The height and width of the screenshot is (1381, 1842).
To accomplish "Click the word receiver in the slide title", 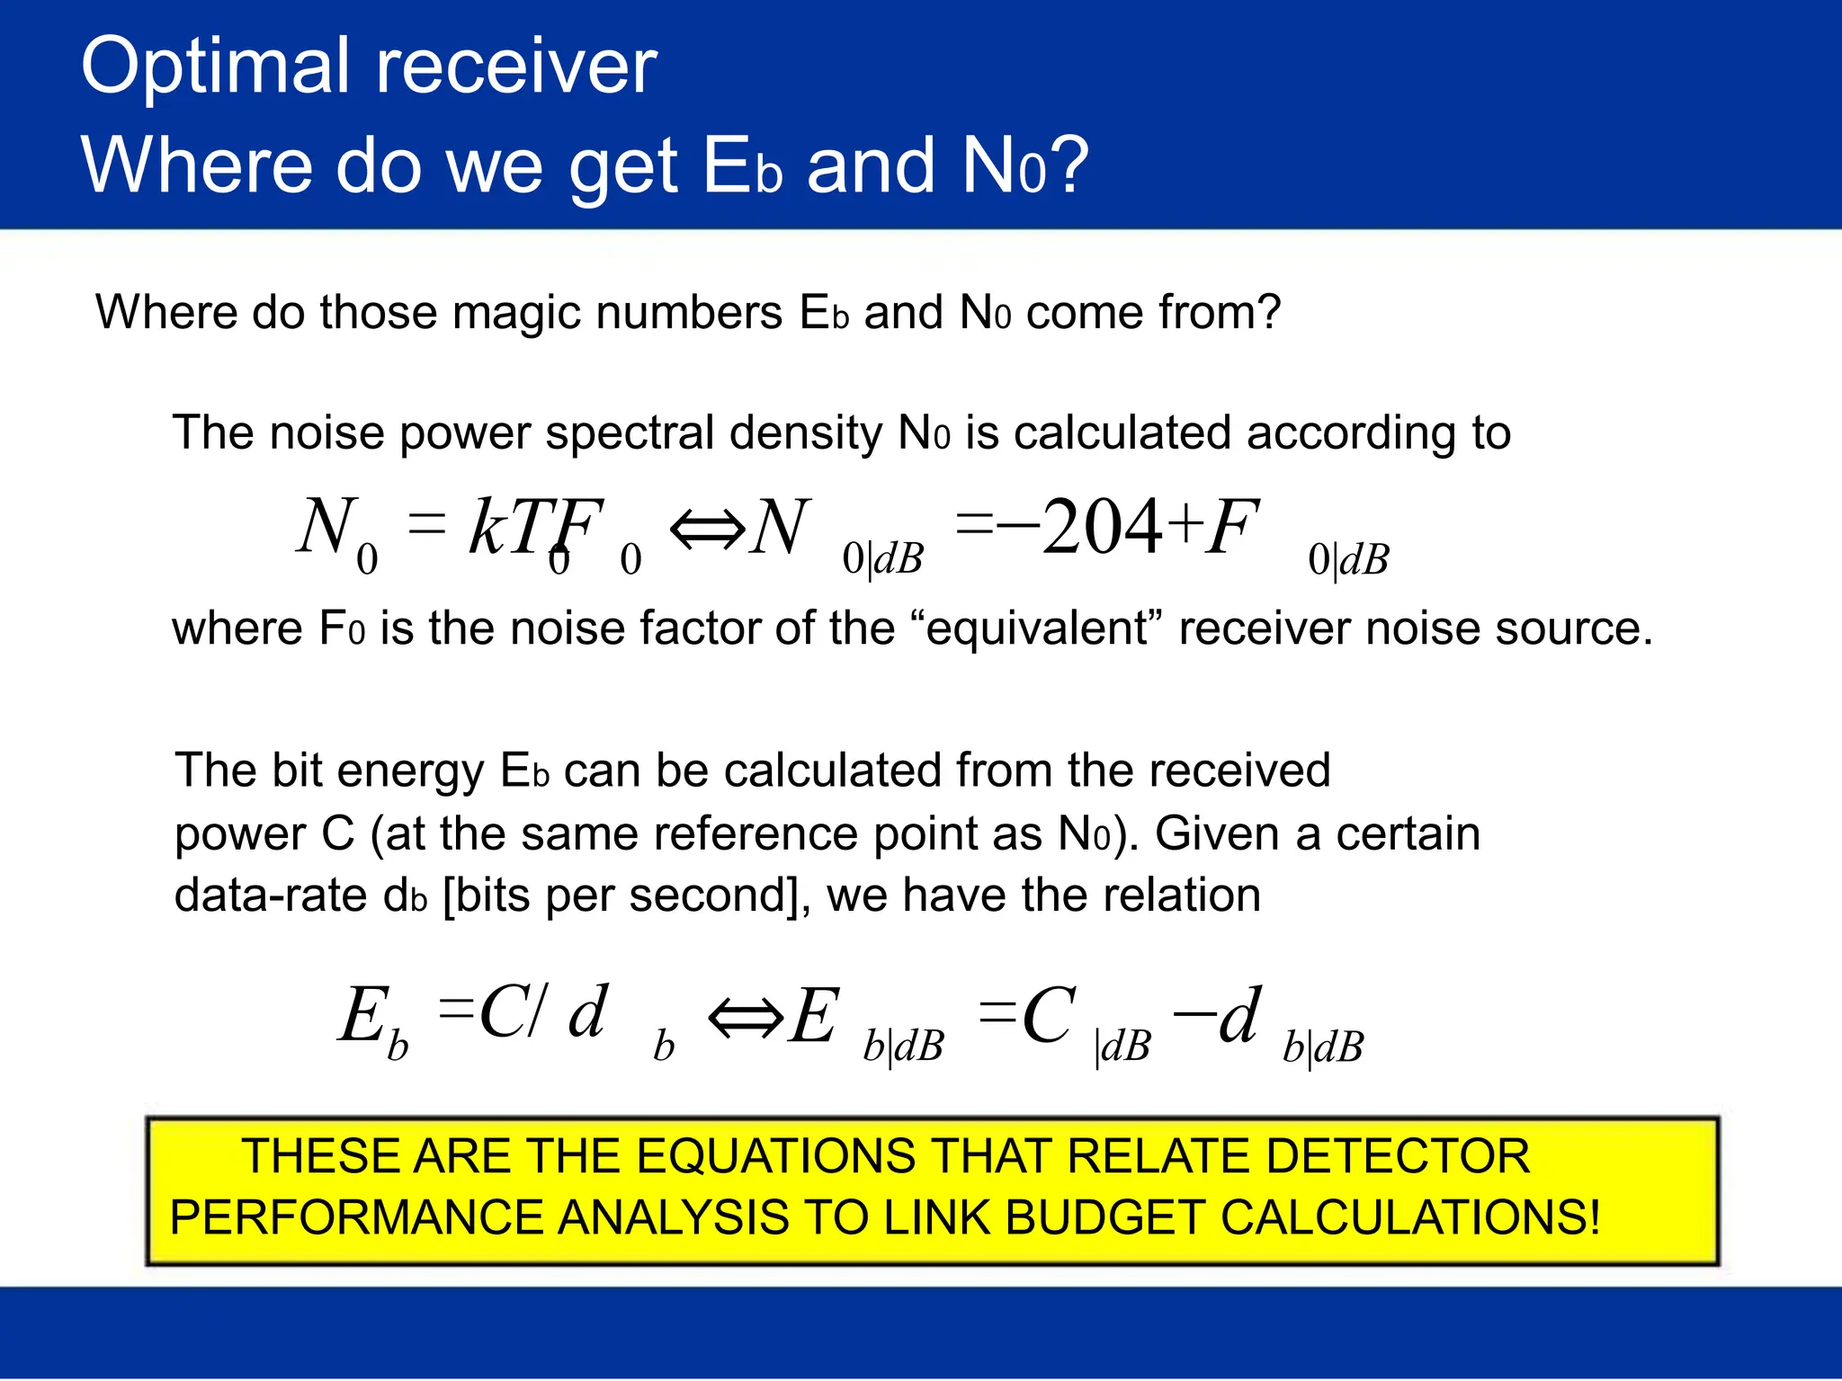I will click(516, 67).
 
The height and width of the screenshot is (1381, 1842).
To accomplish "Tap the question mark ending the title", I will click(1070, 165).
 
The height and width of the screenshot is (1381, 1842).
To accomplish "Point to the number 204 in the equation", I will click(1103, 527).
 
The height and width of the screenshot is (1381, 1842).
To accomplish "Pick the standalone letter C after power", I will click(337, 834).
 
